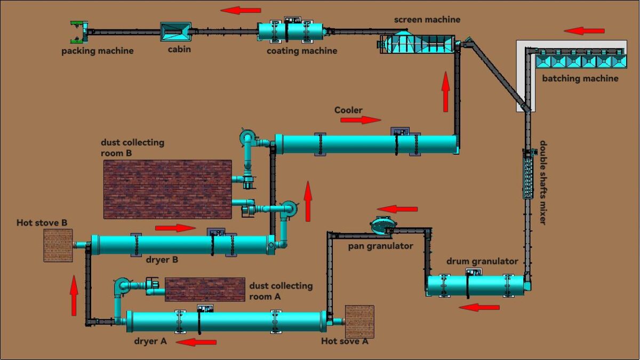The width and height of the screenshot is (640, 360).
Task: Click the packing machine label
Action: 97,51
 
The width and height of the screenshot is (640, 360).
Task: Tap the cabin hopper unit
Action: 175,31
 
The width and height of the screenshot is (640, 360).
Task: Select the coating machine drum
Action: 291,31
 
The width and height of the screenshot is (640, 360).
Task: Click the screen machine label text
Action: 427,20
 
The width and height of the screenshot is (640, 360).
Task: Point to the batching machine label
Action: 580,78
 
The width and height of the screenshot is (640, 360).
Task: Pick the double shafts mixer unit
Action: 528,174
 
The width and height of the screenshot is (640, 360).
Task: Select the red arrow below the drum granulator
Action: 479,307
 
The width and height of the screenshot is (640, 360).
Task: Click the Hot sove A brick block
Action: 359,321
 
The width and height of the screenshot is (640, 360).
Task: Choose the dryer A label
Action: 150,341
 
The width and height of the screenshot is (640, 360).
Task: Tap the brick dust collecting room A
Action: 205,290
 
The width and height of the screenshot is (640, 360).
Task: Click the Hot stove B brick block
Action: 58,245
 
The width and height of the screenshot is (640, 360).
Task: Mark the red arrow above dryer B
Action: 175,228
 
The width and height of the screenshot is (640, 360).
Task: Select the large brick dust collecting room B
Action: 167,189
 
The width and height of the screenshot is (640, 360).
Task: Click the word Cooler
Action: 348,110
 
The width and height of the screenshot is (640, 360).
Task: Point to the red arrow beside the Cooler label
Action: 361,120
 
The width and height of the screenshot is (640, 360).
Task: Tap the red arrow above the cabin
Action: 241,10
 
